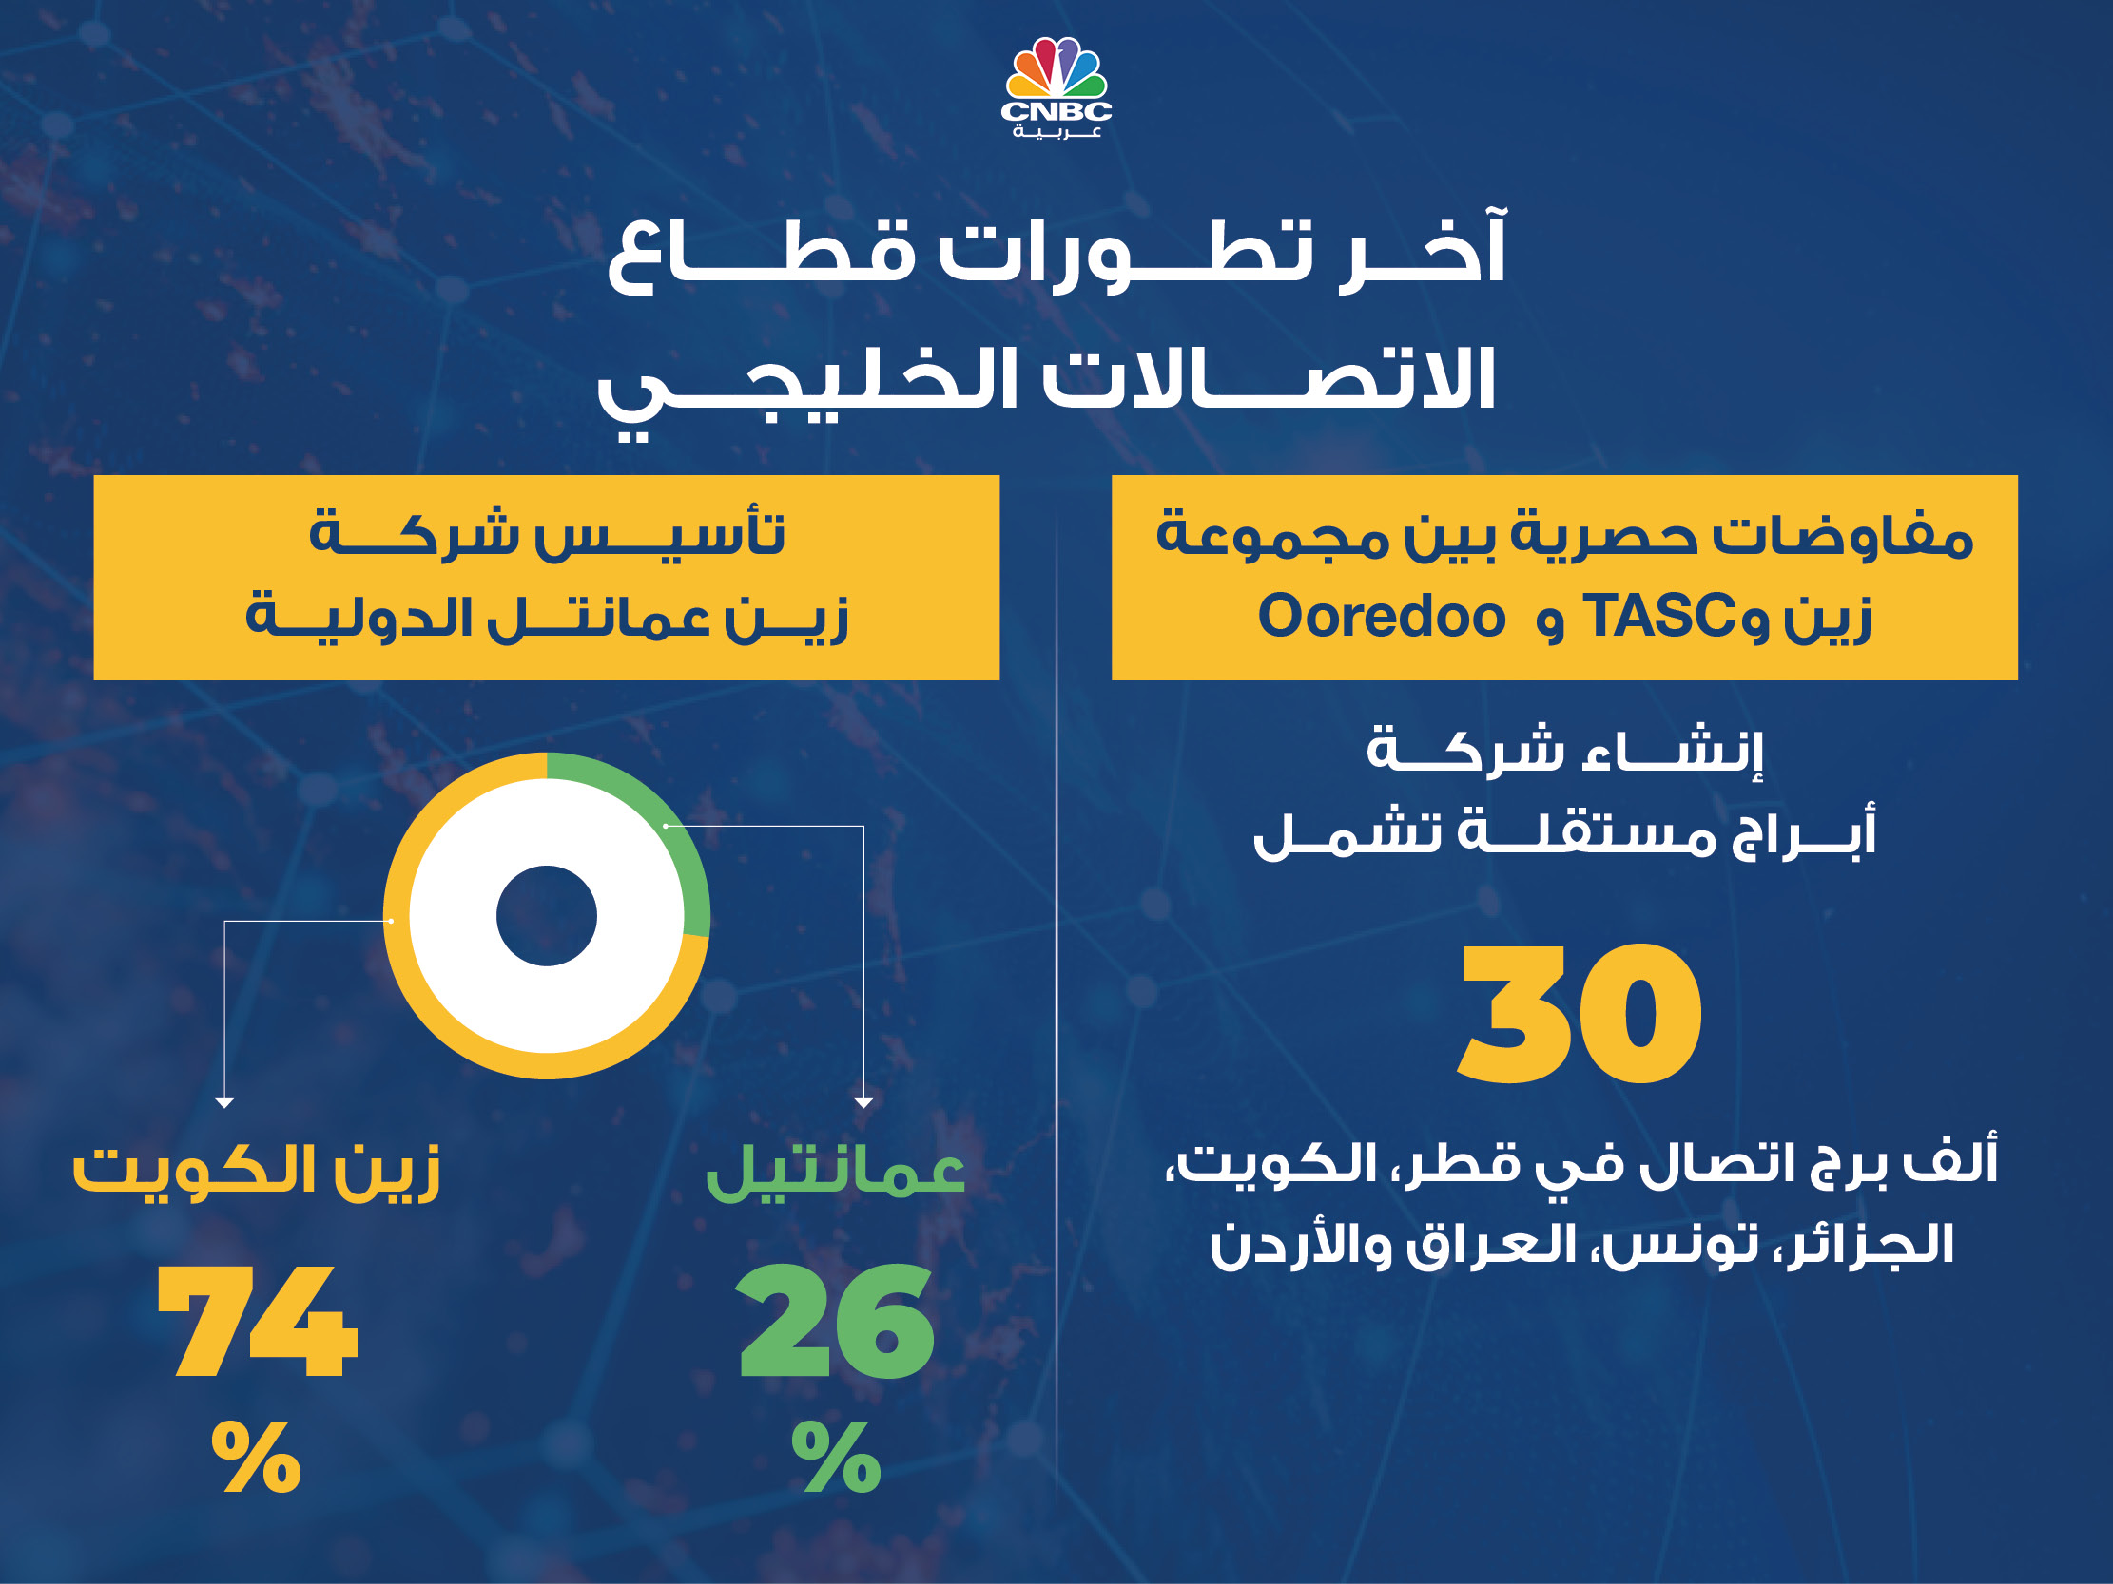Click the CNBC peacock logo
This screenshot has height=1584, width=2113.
(x=1056, y=86)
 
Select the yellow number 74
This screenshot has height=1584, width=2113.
(x=258, y=1322)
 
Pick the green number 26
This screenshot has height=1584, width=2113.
(x=836, y=1322)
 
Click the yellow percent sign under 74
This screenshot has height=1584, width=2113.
(x=256, y=1457)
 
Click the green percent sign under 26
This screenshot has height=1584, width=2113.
(x=836, y=1457)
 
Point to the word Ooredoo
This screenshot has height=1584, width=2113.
(x=1382, y=616)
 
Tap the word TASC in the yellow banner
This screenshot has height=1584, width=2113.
(x=1659, y=616)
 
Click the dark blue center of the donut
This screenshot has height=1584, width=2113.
(x=547, y=916)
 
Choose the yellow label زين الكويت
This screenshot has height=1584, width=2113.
(x=257, y=1172)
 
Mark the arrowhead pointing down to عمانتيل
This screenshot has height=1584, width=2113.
(x=863, y=1103)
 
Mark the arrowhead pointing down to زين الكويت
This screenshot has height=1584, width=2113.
(x=224, y=1103)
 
